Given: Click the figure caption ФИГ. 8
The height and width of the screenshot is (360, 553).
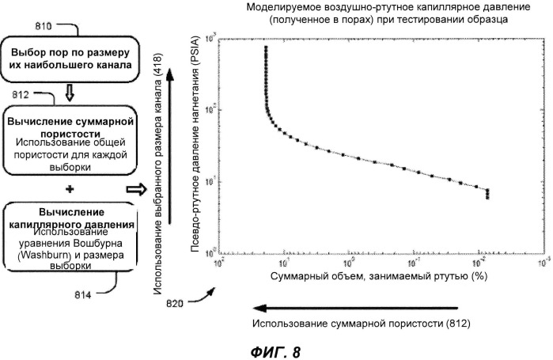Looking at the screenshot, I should pos(275,350).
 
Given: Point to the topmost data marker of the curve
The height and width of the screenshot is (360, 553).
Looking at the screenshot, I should pos(266,47).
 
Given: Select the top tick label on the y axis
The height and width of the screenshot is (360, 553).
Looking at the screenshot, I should pos(211,37).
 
